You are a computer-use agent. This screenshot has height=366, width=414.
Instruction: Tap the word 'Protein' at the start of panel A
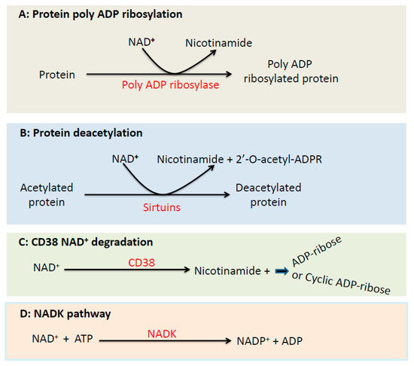[x=57, y=74]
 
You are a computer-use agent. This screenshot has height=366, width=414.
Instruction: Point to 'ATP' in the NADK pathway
[x=81, y=340]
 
